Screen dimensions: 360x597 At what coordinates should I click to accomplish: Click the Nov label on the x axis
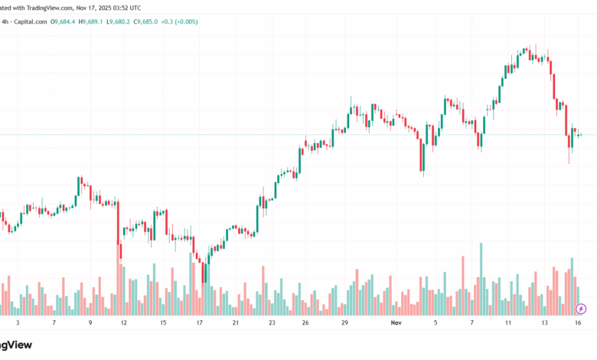395,324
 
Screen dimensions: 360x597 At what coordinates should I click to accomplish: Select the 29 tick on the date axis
345,324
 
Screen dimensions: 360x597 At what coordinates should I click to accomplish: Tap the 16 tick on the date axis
579,324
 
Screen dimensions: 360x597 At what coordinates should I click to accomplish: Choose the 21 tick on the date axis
236,324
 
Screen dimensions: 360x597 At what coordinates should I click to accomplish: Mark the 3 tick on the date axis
18,324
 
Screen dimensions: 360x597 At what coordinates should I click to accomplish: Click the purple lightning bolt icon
581,309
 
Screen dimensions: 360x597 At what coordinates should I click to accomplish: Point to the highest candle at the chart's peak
526,52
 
